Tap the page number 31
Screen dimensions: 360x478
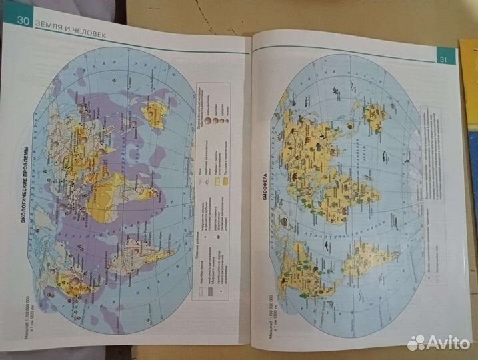pos(445,59)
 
